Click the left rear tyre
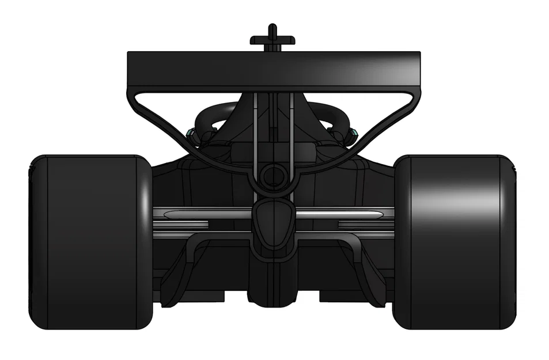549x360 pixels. pyautogui.click(x=91, y=242)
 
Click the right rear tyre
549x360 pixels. pyautogui.click(x=455, y=242)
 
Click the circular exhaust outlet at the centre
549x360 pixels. pyautogui.click(x=272, y=176)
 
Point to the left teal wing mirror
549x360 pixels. pyautogui.click(x=190, y=136)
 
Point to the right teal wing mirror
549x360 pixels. pyautogui.click(x=354, y=136)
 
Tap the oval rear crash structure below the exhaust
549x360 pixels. pyautogui.click(x=273, y=222)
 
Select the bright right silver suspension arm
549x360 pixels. pyautogui.click(x=340, y=214)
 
